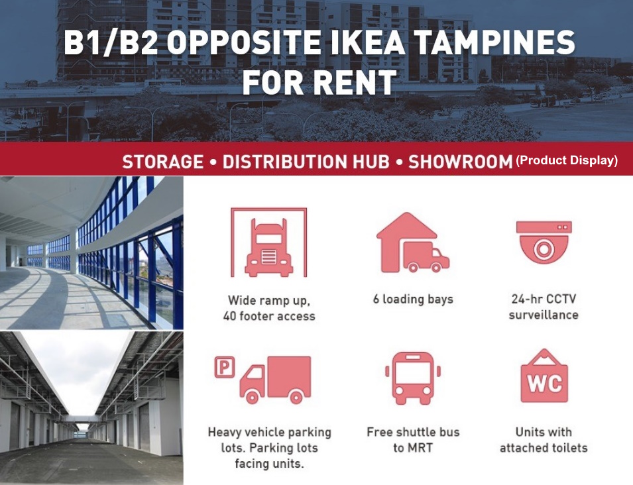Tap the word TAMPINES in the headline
coord(494,42)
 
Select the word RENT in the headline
coord(355,82)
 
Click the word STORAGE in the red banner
coord(163,162)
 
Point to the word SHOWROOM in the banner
coord(460,162)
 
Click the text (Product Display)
coord(567,160)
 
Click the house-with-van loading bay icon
coord(412,242)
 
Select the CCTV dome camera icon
coord(544,242)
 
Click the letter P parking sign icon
coord(225,367)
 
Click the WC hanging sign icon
coord(544,376)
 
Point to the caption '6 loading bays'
coord(413,299)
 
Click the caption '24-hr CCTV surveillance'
coord(544,307)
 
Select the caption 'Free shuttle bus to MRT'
coord(413,440)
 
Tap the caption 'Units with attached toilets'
coord(544,440)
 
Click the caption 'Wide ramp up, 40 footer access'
coord(269,308)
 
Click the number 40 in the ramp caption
coord(230,316)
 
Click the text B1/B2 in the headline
coord(111,42)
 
